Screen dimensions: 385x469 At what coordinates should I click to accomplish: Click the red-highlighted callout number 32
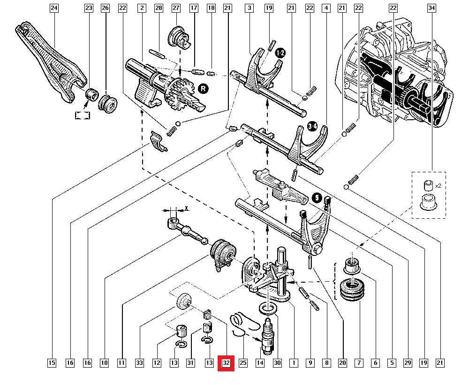coord(226,362)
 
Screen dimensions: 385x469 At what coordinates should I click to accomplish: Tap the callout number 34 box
coord(432,8)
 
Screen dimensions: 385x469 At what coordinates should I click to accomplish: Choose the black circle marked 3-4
coord(313,126)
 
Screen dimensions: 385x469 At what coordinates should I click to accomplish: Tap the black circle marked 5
coord(316,199)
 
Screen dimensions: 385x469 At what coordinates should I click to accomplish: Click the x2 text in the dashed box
coord(438,186)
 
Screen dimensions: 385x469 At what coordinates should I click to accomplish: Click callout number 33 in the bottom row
coord(140,362)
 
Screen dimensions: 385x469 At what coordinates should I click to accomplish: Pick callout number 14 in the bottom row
coord(260,362)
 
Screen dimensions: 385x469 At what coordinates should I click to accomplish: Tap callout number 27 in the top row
coord(176,8)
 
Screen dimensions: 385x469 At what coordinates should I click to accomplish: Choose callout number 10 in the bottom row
coord(104,362)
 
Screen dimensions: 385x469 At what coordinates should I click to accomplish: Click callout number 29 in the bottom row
coord(407,362)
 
